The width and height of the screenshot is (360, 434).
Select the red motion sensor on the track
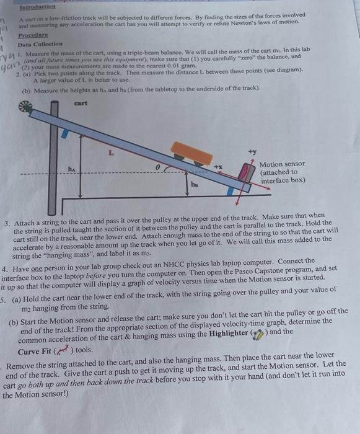pos(247,171)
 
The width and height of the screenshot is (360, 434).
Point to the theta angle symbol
pos(158,166)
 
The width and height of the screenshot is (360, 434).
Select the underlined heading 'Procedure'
pos(33,36)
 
